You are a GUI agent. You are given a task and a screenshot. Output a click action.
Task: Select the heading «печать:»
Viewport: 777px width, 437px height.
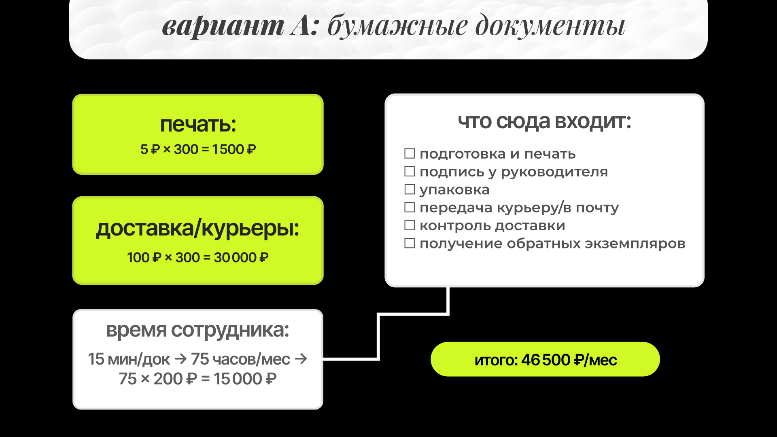pos(198,124)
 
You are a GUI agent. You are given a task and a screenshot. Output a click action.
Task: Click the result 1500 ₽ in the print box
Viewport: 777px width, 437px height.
pos(234,149)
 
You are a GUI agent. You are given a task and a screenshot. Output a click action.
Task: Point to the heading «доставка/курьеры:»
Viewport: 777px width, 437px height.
pos(197,229)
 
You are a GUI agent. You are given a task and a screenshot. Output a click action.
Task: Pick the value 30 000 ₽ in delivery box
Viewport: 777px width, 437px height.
pos(241,257)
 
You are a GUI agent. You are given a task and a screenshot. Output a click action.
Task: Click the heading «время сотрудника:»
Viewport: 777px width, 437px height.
pos(197,330)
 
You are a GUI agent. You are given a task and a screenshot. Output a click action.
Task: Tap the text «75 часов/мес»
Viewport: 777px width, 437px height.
pos(240,359)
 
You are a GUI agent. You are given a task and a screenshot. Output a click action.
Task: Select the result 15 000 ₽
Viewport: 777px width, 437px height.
pos(245,379)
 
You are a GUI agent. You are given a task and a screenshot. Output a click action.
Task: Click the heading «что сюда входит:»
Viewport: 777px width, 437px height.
pos(544,121)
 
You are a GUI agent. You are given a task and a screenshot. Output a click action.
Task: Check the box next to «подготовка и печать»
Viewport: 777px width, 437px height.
pos(410,154)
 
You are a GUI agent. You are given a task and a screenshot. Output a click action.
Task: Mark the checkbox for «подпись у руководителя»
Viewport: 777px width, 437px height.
pos(410,172)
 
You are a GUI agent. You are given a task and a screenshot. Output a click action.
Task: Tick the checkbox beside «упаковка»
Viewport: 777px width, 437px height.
pos(410,189)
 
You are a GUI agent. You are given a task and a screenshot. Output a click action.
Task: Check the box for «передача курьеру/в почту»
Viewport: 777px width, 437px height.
pos(410,208)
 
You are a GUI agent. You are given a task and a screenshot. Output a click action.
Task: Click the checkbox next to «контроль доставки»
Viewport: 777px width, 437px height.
pos(410,225)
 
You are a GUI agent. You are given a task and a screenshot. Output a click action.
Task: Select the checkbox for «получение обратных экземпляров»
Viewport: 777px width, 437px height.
pos(410,243)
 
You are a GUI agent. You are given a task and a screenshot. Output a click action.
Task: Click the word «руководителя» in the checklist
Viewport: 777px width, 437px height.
pos(554,172)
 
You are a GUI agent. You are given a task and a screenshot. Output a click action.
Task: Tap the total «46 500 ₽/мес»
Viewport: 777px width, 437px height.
pos(569,360)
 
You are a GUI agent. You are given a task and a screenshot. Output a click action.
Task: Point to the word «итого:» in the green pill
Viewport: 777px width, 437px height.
pos(496,360)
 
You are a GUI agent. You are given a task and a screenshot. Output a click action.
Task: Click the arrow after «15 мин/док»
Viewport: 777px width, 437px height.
pos(180,359)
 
